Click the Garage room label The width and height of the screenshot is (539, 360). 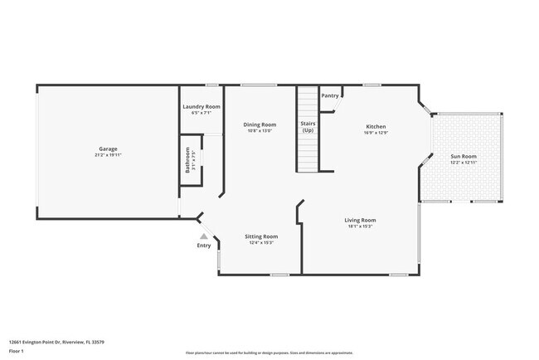[x=108, y=149]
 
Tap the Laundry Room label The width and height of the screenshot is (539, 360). [x=201, y=107]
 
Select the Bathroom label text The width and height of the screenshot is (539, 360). [x=188, y=159]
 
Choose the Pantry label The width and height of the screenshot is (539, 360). [x=330, y=95]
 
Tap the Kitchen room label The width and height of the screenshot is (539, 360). [x=376, y=127]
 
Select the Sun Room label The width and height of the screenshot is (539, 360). [x=463, y=156]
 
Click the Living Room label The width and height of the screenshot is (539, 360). [x=361, y=220]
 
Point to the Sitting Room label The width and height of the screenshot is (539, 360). [x=261, y=236]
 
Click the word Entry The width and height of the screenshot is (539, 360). [x=203, y=246]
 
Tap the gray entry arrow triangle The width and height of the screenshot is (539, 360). [x=203, y=236]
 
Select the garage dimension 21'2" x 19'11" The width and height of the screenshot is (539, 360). [x=108, y=155]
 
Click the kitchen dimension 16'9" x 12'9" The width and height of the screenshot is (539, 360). [x=376, y=133]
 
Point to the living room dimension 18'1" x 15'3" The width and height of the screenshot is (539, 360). [x=361, y=226]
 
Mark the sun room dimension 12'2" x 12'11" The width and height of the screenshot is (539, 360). [x=463, y=162]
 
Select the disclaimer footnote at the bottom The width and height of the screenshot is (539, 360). [x=269, y=352]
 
